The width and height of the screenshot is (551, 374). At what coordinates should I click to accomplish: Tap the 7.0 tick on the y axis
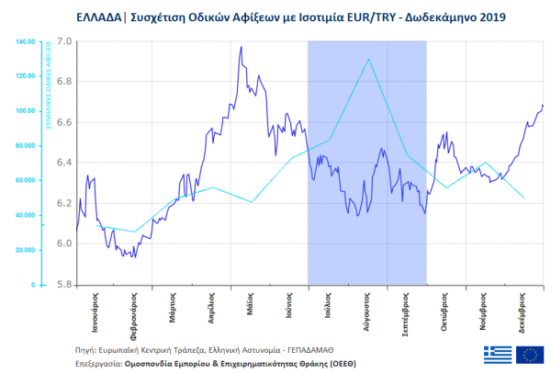(63, 42)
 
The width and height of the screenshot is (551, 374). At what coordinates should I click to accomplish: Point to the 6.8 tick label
(63, 83)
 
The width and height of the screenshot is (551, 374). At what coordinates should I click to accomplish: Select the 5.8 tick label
(63, 285)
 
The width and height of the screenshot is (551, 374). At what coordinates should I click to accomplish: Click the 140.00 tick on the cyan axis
(25, 42)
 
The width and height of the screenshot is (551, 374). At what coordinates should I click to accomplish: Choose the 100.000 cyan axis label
(24, 111)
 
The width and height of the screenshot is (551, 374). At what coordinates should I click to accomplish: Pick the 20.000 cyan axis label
(23, 250)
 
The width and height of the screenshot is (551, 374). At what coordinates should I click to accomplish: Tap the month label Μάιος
(250, 303)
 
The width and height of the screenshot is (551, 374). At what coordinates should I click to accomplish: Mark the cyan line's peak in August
(368, 60)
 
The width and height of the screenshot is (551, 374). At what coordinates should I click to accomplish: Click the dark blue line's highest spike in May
(241, 47)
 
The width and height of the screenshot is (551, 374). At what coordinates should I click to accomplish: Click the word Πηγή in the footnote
(86, 350)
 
